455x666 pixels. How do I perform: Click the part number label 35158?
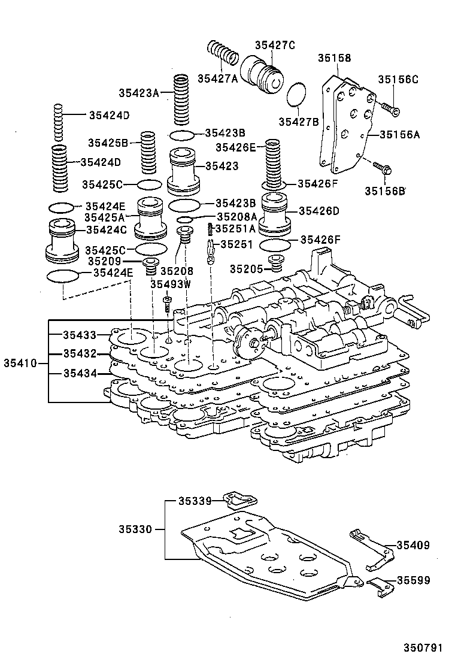pyautogui.click(x=334, y=59)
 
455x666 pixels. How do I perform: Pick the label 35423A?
pyautogui.click(x=138, y=93)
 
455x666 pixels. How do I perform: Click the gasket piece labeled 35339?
pyautogui.click(x=239, y=500)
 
